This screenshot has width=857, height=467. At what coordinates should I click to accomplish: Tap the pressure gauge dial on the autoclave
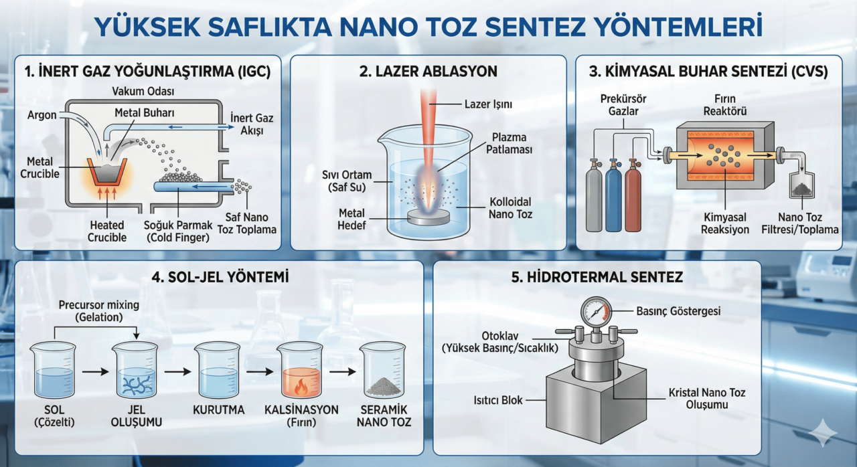click(x=596, y=312)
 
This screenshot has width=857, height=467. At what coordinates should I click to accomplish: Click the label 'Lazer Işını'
click(x=488, y=104)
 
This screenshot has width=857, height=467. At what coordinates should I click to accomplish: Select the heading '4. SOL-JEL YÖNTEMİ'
click(x=220, y=277)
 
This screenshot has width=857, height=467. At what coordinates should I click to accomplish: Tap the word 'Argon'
click(x=42, y=115)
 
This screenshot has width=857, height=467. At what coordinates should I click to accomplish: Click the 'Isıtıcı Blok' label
click(x=497, y=400)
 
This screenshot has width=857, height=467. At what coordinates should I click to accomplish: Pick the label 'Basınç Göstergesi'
click(x=678, y=311)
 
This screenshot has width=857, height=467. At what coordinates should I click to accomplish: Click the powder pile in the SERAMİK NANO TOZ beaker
click(x=384, y=386)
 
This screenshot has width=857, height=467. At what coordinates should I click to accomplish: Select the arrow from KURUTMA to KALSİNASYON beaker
click(x=260, y=371)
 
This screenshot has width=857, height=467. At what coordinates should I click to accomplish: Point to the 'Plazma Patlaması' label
click(x=509, y=143)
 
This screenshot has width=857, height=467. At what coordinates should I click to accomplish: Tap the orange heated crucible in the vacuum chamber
click(x=107, y=176)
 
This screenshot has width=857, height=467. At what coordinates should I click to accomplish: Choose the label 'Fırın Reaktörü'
click(x=725, y=105)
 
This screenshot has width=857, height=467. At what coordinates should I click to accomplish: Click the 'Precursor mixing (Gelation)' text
click(x=98, y=311)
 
